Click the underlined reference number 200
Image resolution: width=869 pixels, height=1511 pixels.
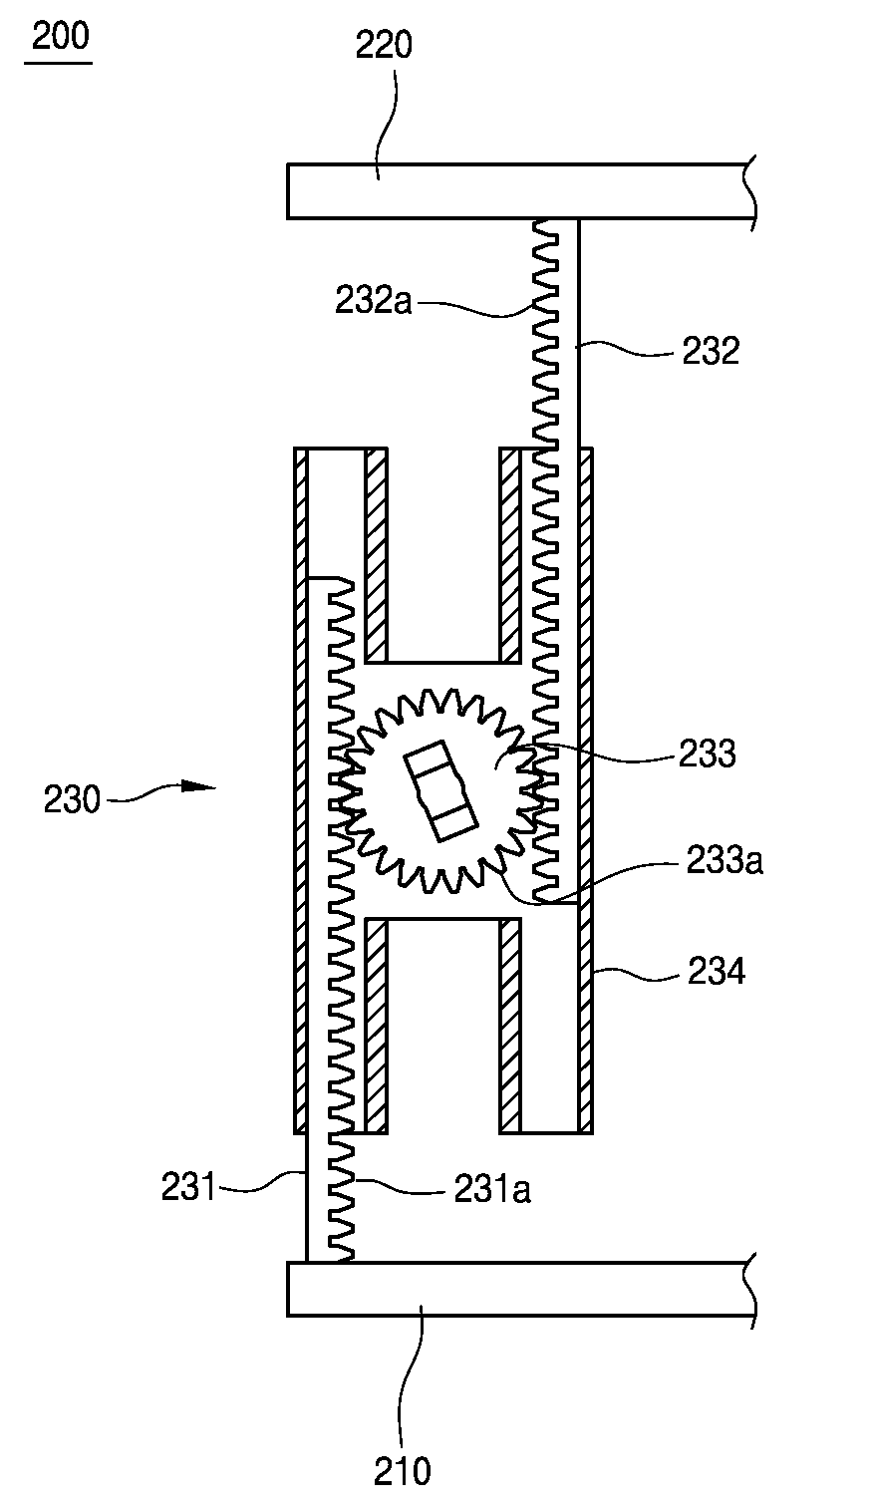click(60, 36)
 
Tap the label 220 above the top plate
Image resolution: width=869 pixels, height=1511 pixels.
click(384, 45)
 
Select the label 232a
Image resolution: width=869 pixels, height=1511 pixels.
click(373, 301)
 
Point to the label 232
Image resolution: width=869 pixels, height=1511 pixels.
click(711, 351)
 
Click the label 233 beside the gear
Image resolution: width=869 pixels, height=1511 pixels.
click(708, 753)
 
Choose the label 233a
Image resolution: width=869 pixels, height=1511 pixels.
click(724, 861)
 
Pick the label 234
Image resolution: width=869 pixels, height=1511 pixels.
click(716, 972)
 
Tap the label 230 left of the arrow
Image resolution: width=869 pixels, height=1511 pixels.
click(72, 800)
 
